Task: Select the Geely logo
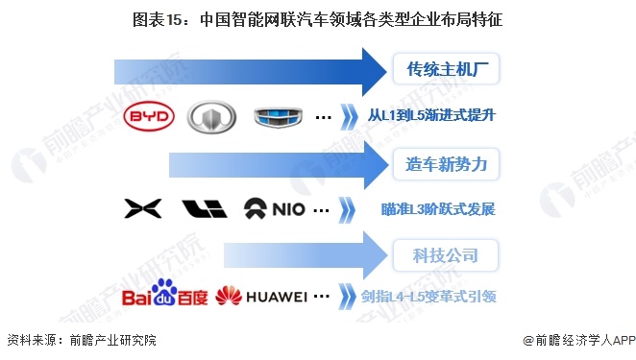pos(278,117)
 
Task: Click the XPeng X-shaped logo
pos(141,208)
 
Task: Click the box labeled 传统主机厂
pos(448,69)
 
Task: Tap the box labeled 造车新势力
pos(448,164)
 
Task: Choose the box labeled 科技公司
pos(448,254)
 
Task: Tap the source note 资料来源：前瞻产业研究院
pos(82,340)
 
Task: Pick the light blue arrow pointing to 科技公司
pos(304,254)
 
